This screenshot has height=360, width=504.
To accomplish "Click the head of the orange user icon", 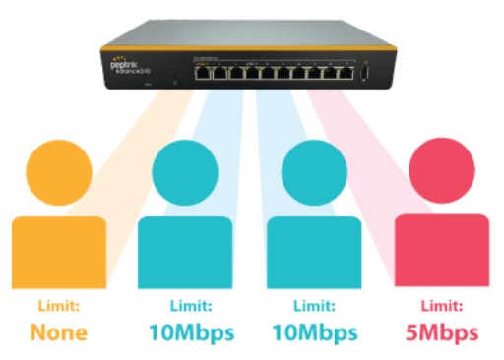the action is (x=60, y=172).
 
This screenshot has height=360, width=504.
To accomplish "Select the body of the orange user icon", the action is (x=59, y=252).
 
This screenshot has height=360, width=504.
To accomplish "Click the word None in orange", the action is (x=58, y=332).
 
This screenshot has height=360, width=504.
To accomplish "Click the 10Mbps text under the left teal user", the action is (x=192, y=332).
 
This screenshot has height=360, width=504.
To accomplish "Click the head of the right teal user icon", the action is (x=315, y=172).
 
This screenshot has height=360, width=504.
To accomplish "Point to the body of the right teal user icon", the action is (x=315, y=252).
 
